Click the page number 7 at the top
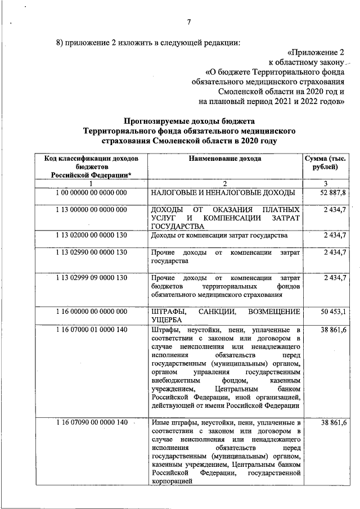(189, 22)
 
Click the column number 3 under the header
(325, 184)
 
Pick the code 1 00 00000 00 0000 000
(92, 193)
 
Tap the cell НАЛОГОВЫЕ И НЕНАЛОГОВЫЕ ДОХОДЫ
(223, 193)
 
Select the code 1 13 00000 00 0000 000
(92, 209)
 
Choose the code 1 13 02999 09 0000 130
(92, 278)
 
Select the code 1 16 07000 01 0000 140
(92, 329)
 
